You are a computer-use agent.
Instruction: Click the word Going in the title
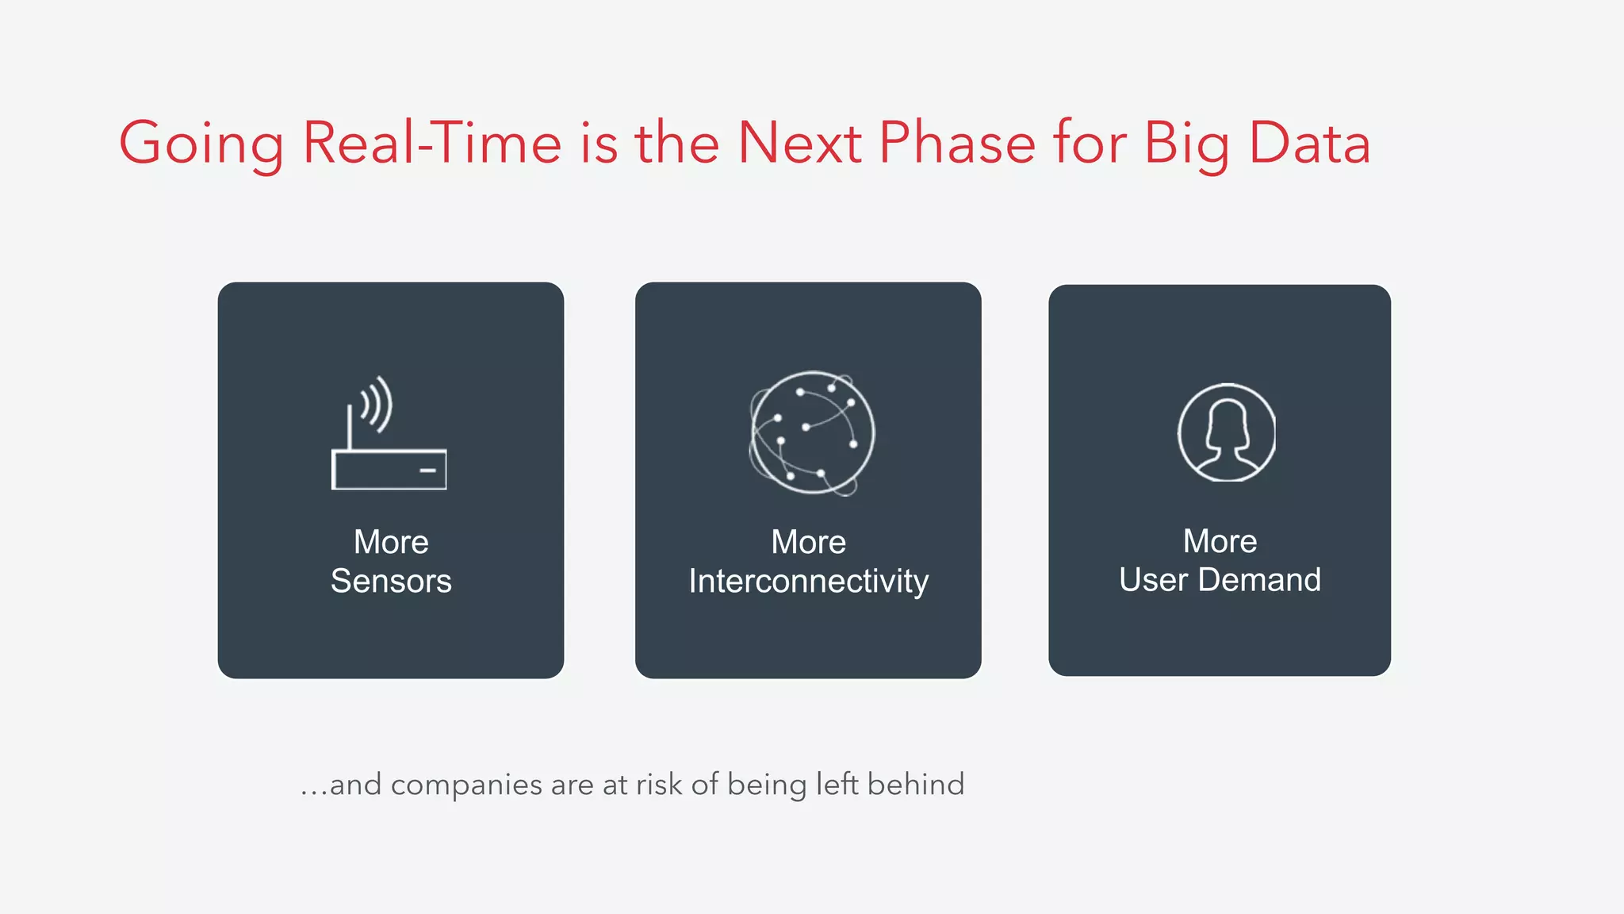tap(201, 144)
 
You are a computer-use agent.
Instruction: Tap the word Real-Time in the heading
tap(432, 143)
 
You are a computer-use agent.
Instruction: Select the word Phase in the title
tap(957, 143)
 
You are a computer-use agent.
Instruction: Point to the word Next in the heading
tap(799, 143)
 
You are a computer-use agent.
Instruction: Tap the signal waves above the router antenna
tap(377, 403)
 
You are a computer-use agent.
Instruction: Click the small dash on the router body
tap(427, 470)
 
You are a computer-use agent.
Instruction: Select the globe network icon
tap(812, 433)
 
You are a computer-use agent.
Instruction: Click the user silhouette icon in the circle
tap(1226, 433)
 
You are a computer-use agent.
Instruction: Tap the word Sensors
tap(391, 582)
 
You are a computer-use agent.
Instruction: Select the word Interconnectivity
tap(808, 582)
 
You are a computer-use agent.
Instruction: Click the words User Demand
tap(1220, 580)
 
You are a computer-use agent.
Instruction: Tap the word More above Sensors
tap(391, 543)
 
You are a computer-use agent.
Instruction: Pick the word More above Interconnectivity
tap(808, 543)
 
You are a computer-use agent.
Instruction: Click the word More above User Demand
tap(1220, 542)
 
